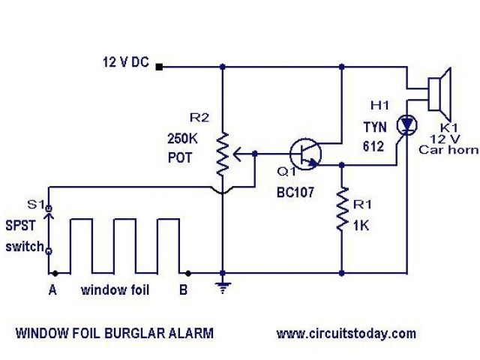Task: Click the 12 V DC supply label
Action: (x=125, y=63)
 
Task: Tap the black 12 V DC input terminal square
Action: (x=160, y=67)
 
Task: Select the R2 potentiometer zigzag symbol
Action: (x=223, y=154)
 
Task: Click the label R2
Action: (x=199, y=118)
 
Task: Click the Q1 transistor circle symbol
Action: (x=305, y=153)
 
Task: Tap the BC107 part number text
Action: (x=294, y=193)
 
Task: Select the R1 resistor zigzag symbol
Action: (x=342, y=211)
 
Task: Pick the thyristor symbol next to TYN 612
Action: (x=407, y=124)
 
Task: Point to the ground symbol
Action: (x=223, y=285)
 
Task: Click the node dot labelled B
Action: (x=188, y=273)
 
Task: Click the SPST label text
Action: (x=20, y=224)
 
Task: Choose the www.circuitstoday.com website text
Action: (x=346, y=333)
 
